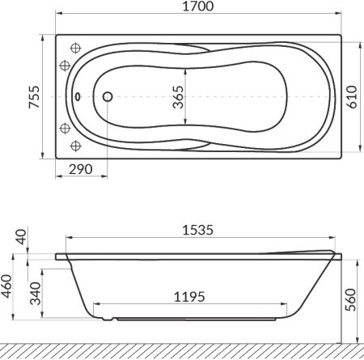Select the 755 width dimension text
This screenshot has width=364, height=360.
[x=22, y=96]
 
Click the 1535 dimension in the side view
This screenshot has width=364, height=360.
[x=198, y=229]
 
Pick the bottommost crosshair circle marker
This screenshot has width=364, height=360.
[x=77, y=146]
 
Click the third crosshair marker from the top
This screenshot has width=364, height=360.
[x=64, y=127]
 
